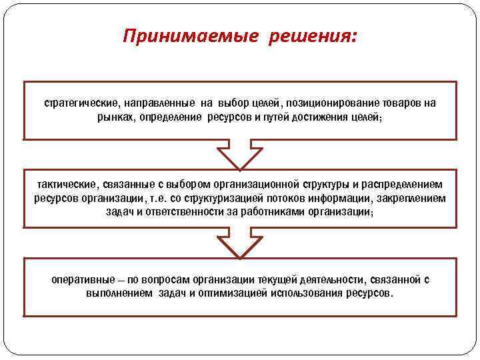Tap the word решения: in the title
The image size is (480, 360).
pyautogui.click(x=313, y=36)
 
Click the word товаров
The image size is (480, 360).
pyautogui.click(x=403, y=103)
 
